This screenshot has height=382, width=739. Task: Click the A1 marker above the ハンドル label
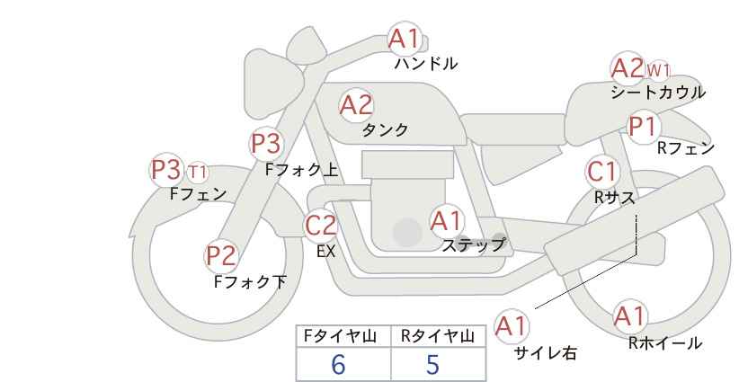pos(405,38)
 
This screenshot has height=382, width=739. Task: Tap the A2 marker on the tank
pos(356,105)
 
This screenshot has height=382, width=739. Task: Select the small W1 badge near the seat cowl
pos(658,71)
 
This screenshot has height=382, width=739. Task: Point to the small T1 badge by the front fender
pos(198,173)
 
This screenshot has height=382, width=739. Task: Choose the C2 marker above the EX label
pos(321,225)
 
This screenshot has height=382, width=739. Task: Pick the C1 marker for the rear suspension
pos(602,172)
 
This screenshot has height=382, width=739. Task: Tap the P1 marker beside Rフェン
pos(644,127)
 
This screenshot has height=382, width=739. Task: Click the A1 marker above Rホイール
pos(629,316)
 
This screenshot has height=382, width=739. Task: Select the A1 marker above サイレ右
pos(512,326)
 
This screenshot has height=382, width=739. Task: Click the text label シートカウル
pos(658,93)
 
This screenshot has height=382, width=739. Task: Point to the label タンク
pos(385,129)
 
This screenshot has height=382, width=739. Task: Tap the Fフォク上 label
pos(302,170)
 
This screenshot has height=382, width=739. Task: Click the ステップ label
pos(473,245)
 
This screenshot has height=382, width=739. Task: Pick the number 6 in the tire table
pos(338,364)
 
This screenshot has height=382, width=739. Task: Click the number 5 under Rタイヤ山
pos(432,364)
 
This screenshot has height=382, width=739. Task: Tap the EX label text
pos(326,252)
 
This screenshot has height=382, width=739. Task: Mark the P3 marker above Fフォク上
pos(266,143)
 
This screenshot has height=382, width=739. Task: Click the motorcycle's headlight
pos(272,84)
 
